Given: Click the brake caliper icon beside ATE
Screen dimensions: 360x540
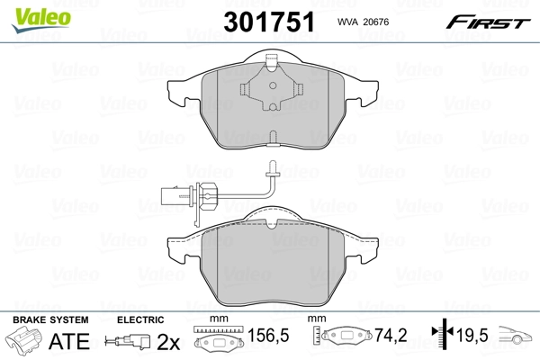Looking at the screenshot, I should point(25,342).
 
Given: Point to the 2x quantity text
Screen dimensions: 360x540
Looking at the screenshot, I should point(167,342).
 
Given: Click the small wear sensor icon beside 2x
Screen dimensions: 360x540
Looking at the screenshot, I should point(127,342).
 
